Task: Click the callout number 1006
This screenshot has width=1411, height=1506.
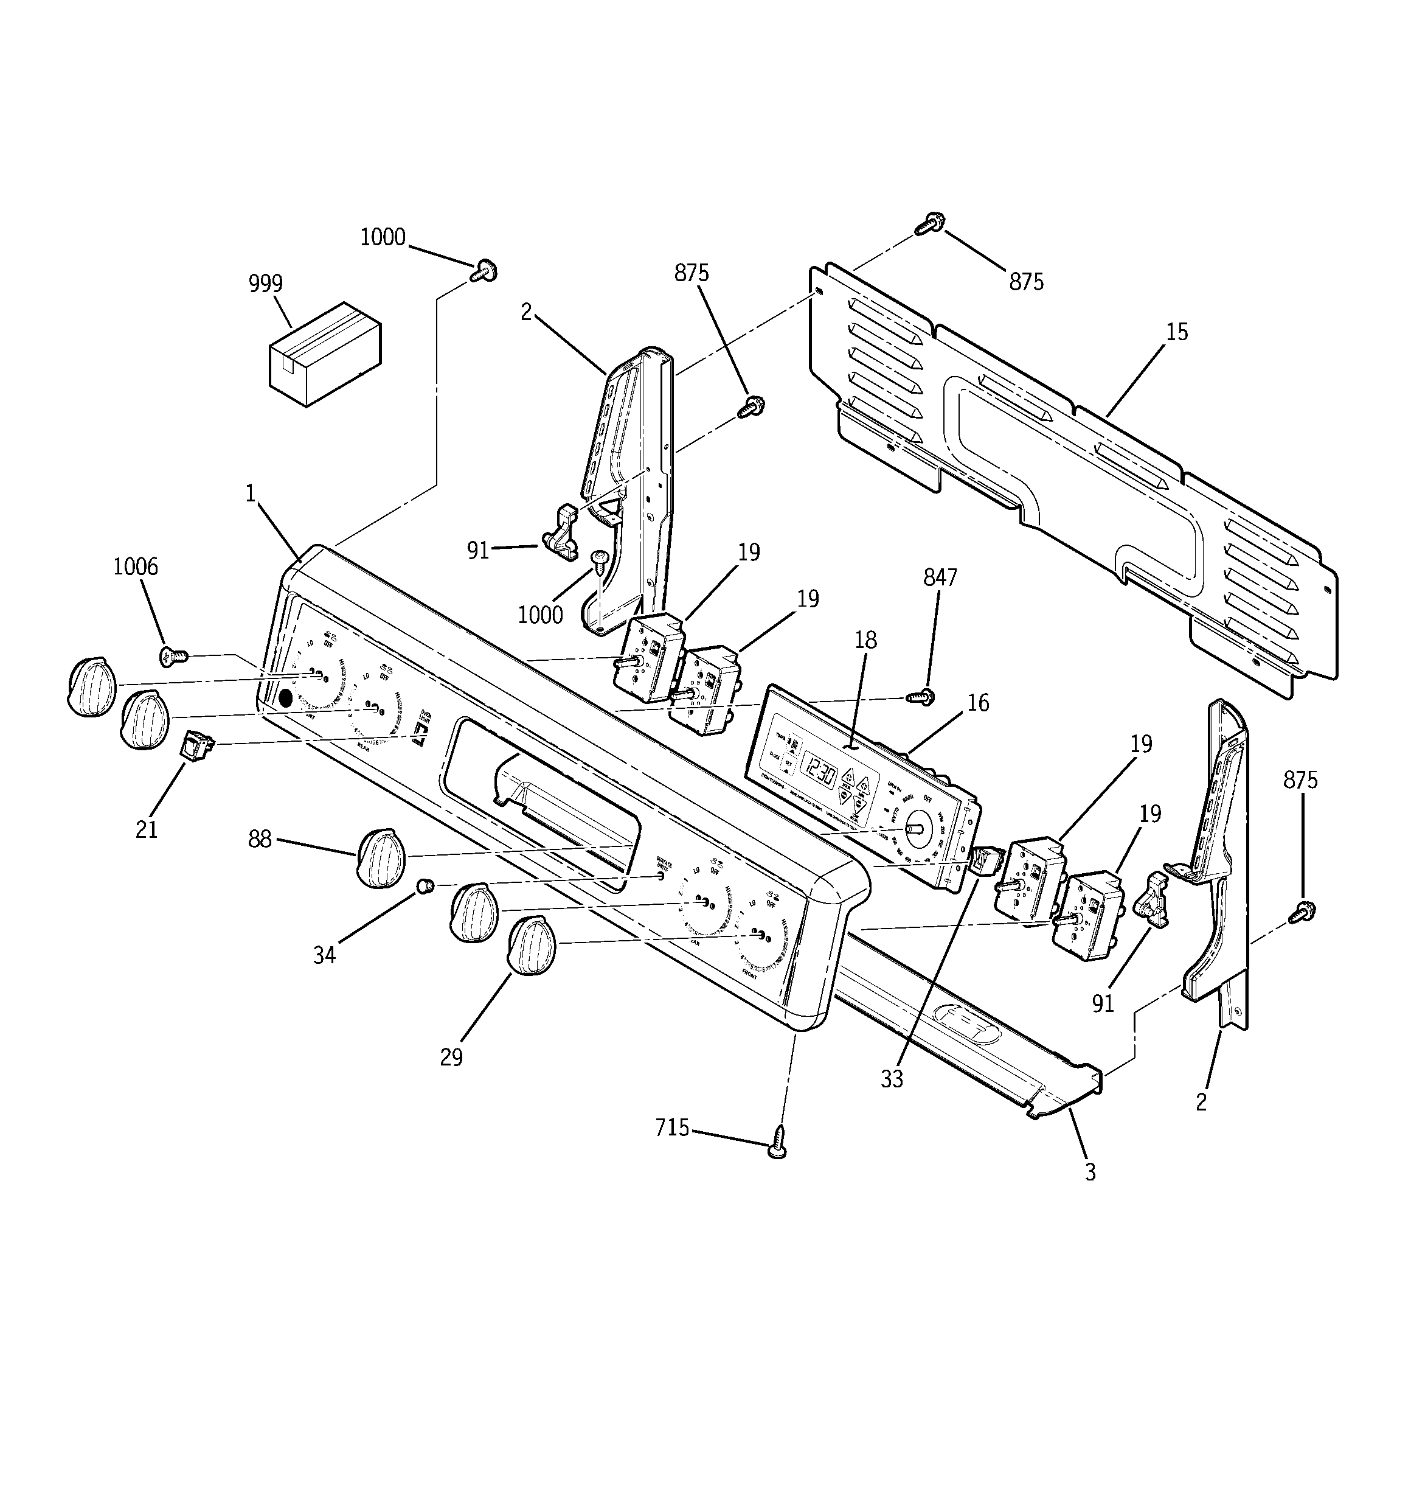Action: point(136,566)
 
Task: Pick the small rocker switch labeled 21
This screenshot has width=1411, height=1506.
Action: point(196,745)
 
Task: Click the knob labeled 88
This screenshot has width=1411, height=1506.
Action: point(381,857)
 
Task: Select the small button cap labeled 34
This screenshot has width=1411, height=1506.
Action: point(426,885)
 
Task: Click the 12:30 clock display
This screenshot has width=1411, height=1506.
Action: point(819,775)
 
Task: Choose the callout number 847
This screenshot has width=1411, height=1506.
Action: point(940,578)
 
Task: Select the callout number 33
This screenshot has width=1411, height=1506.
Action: point(892,1079)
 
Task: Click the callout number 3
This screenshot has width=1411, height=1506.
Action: point(1090,1173)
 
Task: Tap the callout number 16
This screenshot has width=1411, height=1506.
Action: point(979,703)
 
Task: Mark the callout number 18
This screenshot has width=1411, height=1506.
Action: point(865,640)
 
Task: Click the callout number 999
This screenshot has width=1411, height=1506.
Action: point(266,284)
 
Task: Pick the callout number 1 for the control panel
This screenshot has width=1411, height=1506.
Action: point(251,493)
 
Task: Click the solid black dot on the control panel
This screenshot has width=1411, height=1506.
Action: point(285,699)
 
